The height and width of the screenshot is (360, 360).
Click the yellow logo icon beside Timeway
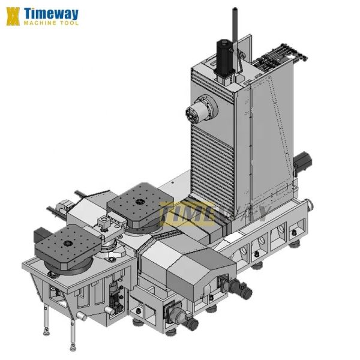[13, 16]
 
